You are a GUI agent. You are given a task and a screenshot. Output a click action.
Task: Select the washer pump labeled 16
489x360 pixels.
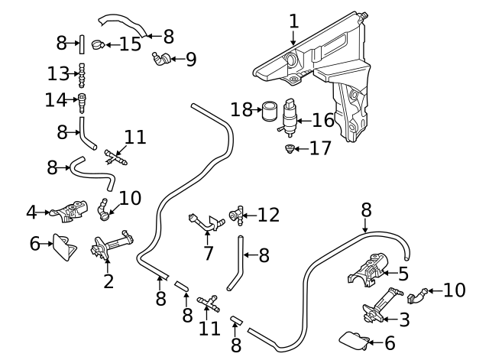pyautogui.click(x=290, y=117)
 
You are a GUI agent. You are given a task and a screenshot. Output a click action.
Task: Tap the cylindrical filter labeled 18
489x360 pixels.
pyautogui.click(x=268, y=112)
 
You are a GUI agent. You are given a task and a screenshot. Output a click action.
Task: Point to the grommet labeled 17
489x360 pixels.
pyautogui.click(x=290, y=148)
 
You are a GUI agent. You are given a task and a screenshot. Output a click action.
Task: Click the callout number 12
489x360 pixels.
pyautogui.click(x=269, y=215)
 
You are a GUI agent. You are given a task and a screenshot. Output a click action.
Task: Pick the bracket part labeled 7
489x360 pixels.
pyautogui.click(x=205, y=222)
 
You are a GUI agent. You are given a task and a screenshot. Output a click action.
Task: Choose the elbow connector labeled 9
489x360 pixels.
pyautogui.click(x=160, y=57)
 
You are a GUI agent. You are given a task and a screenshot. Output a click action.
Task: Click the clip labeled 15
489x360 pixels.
pyautogui.click(x=98, y=45)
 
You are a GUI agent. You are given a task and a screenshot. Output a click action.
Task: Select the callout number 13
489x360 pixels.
pyautogui.click(x=58, y=73)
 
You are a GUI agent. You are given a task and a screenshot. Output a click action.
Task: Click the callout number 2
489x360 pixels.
pyautogui.click(x=108, y=281)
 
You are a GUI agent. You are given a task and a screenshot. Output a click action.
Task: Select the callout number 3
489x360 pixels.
pyautogui.click(x=403, y=319)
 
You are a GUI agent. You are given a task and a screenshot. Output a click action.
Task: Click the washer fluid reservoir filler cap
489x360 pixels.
pyautogui.click(x=290, y=60)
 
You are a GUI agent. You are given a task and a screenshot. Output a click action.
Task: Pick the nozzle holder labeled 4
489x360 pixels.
pyautogui.click(x=67, y=212)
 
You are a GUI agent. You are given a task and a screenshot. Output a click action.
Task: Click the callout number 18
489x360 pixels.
pyautogui.click(x=241, y=110)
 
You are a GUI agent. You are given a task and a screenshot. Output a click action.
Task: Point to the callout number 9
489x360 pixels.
pyautogui.click(x=190, y=57)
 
